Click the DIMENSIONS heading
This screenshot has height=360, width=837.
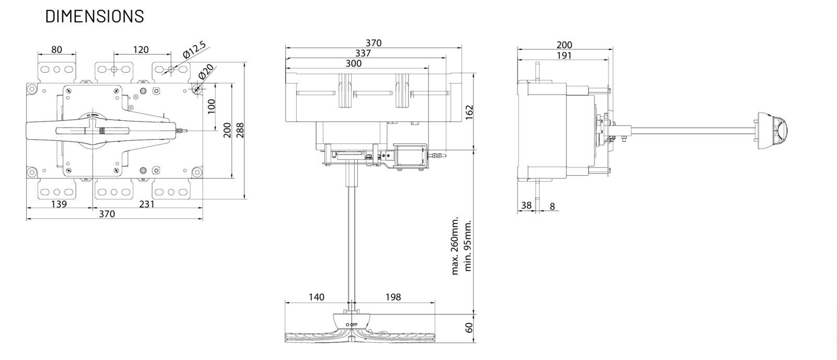pos(95,16)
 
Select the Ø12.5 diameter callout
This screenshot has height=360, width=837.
pos(194,50)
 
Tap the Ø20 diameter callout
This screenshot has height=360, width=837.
pos(206,71)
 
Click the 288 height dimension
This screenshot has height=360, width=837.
pos(240,130)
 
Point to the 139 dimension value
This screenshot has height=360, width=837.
pos(59,204)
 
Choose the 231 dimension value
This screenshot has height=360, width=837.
pos(146,204)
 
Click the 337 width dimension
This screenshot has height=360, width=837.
pos(363,53)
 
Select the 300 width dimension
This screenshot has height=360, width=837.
pos(354,63)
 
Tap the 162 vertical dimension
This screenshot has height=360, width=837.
pos(469,113)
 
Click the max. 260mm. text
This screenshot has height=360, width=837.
pos(455,245)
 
